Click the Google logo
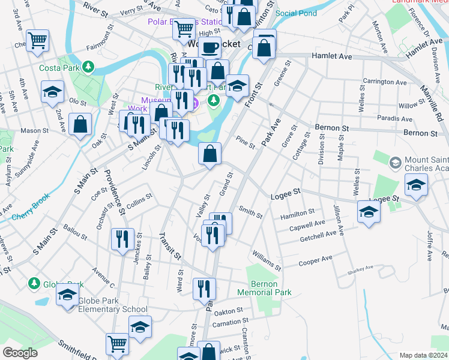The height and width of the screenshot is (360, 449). (x=20, y=353)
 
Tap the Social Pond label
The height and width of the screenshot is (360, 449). (x=295, y=13)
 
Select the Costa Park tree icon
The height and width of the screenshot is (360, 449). (x=89, y=66)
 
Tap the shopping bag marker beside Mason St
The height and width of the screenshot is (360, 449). (x=80, y=124)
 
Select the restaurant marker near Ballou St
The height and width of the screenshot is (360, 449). (x=122, y=239)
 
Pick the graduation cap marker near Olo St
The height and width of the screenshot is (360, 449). (x=52, y=92)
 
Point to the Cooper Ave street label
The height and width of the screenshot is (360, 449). (x=316, y=259)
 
